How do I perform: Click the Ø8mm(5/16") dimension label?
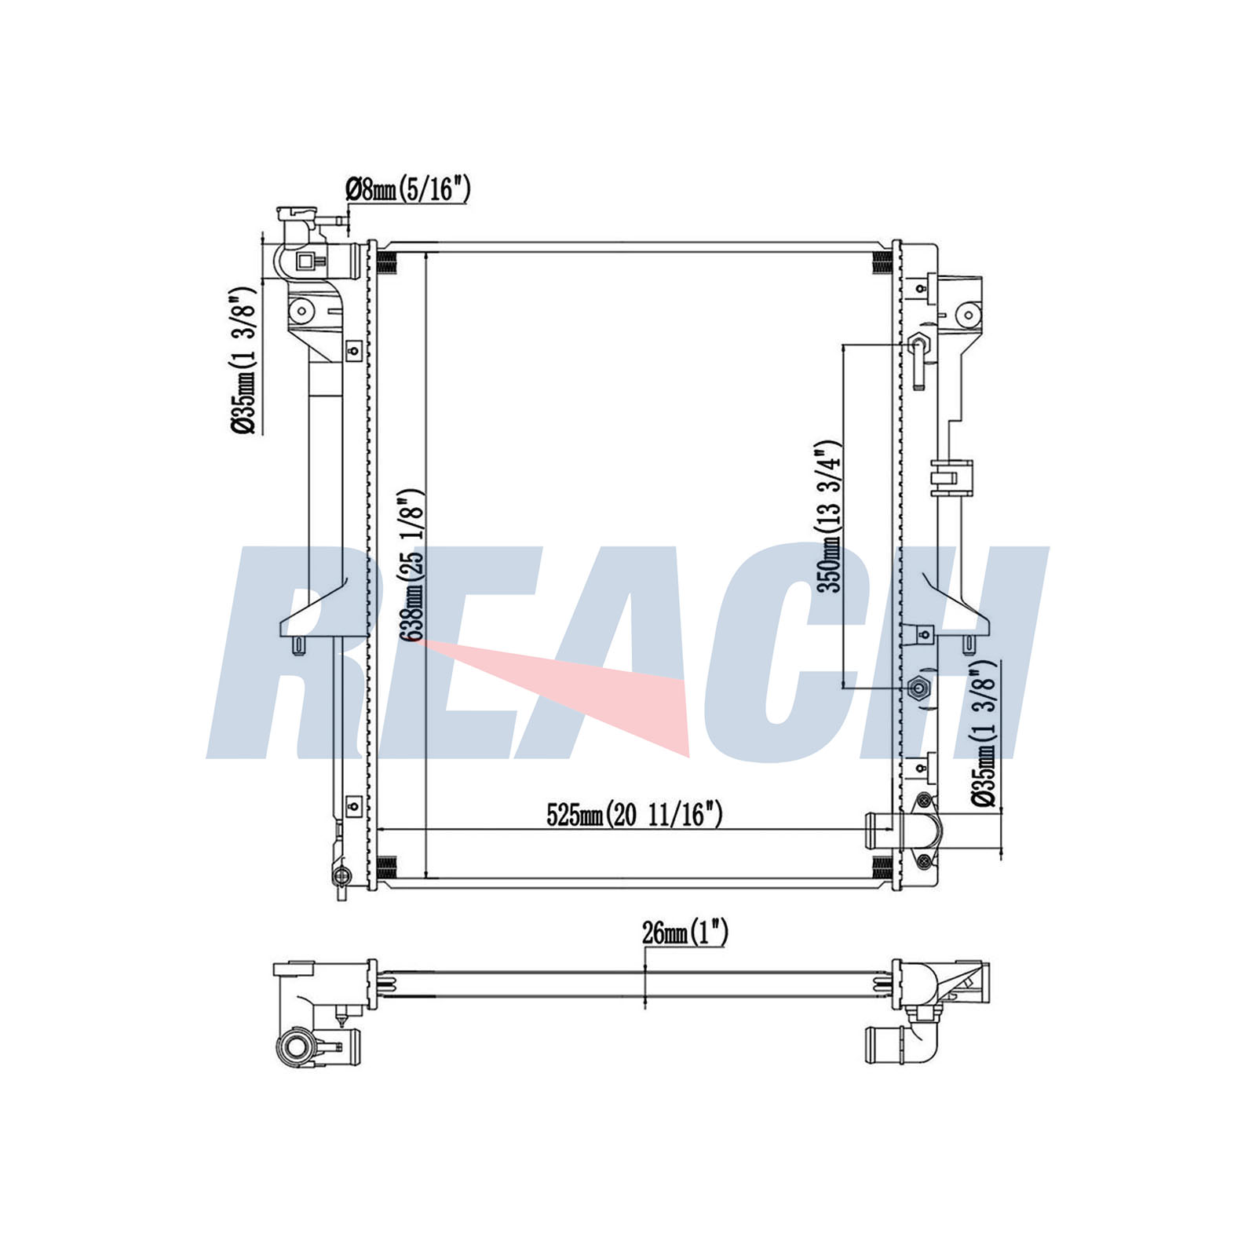pyautogui.click(x=407, y=189)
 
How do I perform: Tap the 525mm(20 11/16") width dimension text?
pyautogui.click(x=634, y=815)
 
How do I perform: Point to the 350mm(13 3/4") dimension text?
pyautogui.click(x=828, y=517)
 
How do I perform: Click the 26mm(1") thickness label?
pyautogui.click(x=685, y=933)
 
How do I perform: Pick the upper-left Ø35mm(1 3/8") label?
pyautogui.click(x=243, y=360)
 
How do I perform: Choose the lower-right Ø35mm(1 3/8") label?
pyautogui.click(x=984, y=733)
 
